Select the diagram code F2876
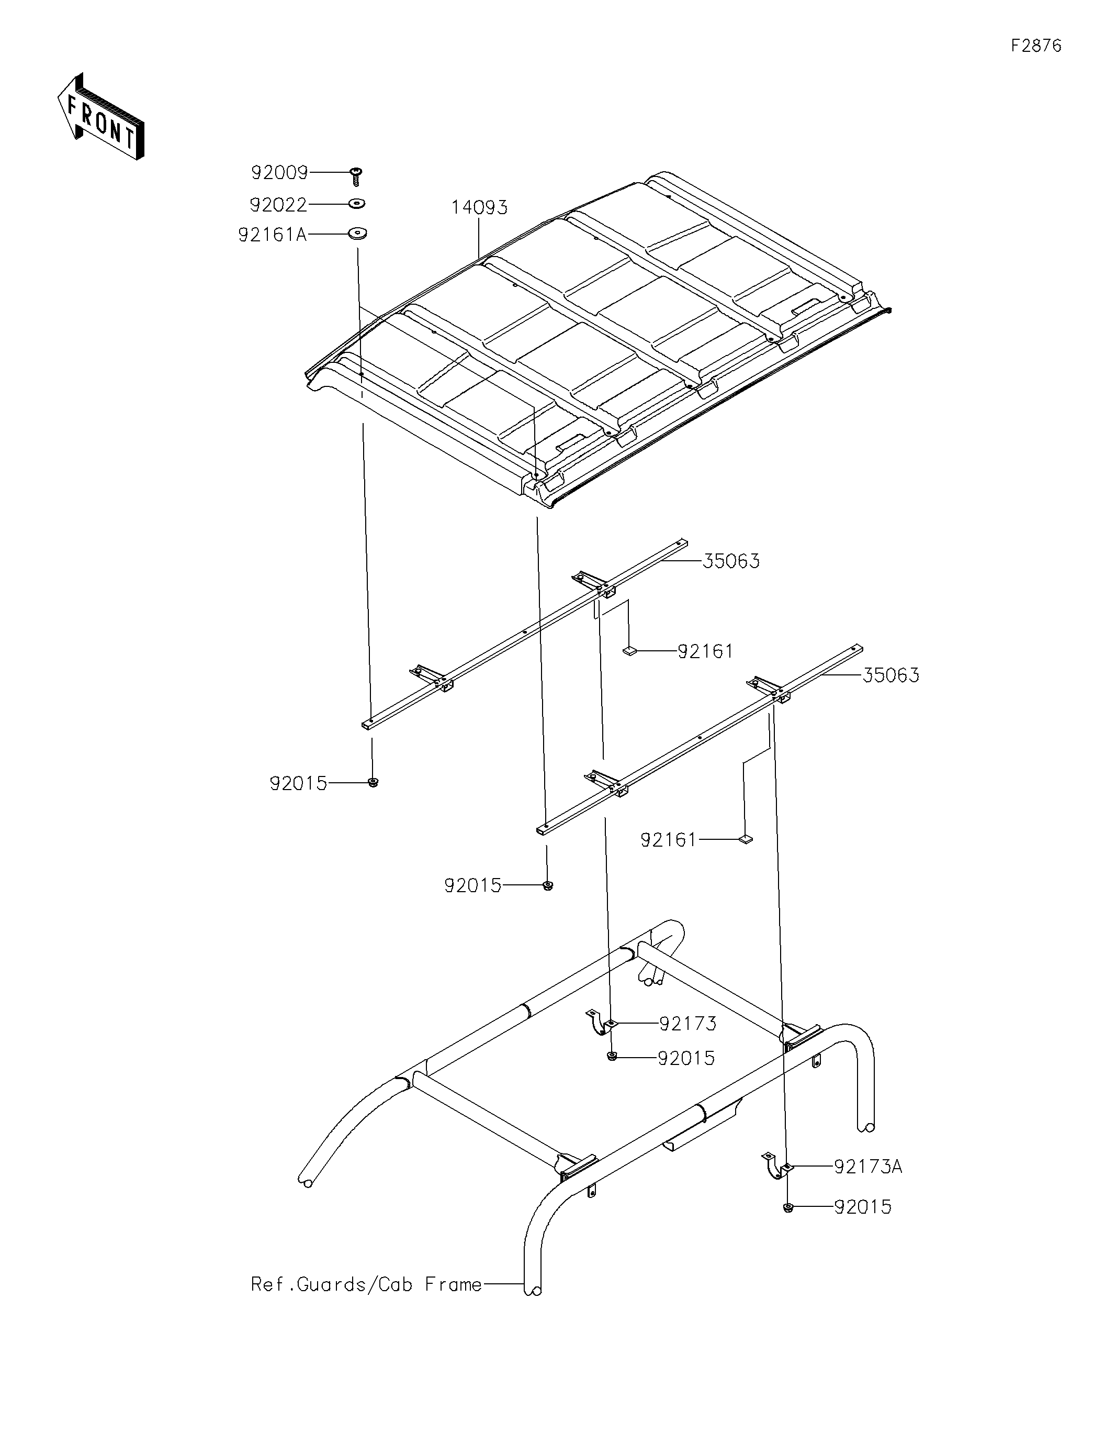click(1036, 46)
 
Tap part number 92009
click(279, 173)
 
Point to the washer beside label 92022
click(357, 204)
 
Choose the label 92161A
click(273, 235)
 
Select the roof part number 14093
click(479, 207)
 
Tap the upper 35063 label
click(730, 561)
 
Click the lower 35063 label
click(890, 675)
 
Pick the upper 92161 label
click(705, 651)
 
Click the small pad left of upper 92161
click(629, 651)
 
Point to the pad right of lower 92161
click(745, 840)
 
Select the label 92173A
click(867, 1167)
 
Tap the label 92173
click(687, 1024)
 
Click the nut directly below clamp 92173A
click(788, 1208)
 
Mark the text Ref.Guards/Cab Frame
click(366, 1284)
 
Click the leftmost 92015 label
click(298, 784)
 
